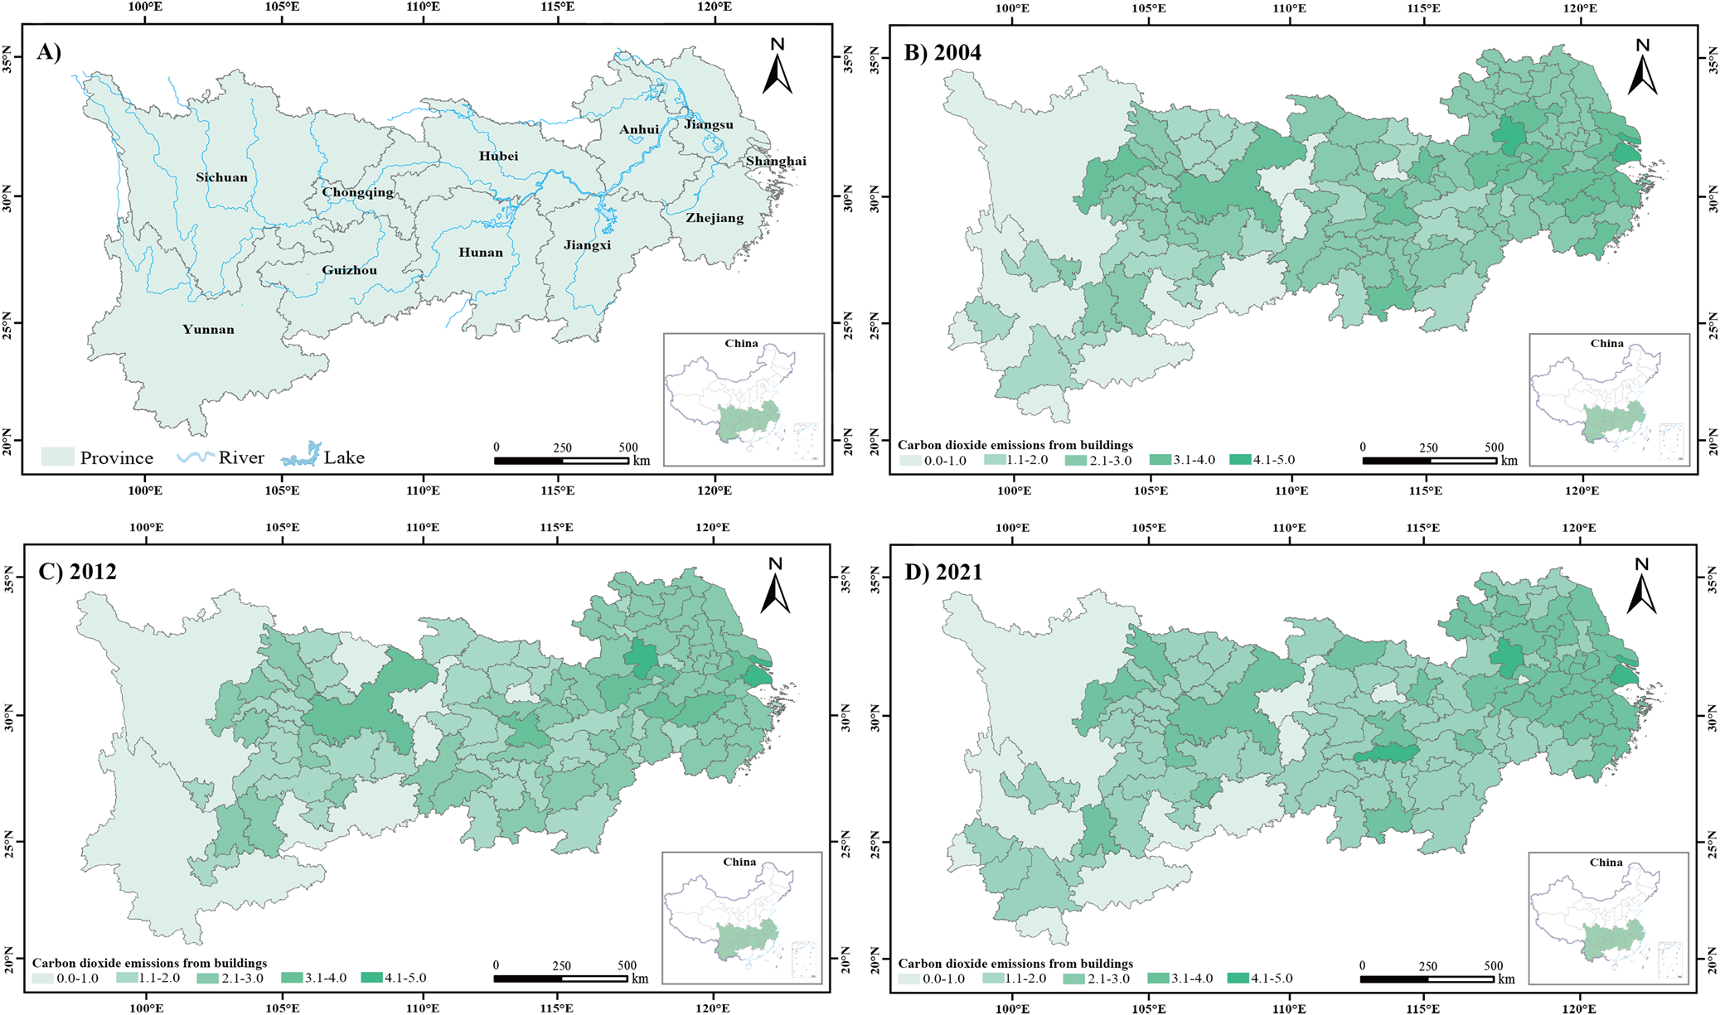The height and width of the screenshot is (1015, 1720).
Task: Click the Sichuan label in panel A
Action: (x=221, y=177)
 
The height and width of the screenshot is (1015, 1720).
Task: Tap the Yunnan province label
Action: (x=208, y=330)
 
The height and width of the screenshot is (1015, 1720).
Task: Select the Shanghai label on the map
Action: (x=775, y=161)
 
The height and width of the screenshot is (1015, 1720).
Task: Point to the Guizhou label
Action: (x=349, y=270)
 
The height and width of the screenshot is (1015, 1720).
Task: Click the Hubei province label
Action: (x=498, y=156)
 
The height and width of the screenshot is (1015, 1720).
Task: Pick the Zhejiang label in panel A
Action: (x=714, y=218)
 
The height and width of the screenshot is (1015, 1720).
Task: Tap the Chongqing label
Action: (x=357, y=192)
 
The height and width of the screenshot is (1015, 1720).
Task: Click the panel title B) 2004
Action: (x=942, y=53)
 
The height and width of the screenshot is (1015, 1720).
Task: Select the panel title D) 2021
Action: (x=942, y=573)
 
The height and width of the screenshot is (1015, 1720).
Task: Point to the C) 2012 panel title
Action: (x=77, y=572)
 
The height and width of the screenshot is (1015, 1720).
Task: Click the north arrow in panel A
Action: (x=777, y=66)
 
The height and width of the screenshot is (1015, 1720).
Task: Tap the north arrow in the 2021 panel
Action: (x=1641, y=586)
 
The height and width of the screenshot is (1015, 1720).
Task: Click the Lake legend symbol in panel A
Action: (x=300, y=456)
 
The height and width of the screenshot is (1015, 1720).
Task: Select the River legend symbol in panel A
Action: (x=196, y=457)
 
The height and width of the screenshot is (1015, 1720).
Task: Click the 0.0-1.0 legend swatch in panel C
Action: (x=42, y=979)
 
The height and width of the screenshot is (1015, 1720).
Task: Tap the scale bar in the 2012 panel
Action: (x=560, y=979)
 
